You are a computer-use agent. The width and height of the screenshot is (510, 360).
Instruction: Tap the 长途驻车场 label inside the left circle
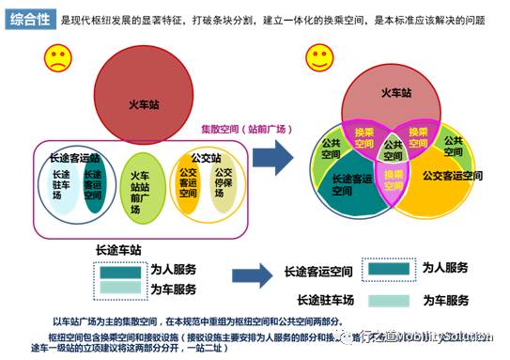pyautogui.click(x=62, y=188)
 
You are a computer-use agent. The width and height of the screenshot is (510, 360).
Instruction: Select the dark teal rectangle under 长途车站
pyautogui.click(x=119, y=271)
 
